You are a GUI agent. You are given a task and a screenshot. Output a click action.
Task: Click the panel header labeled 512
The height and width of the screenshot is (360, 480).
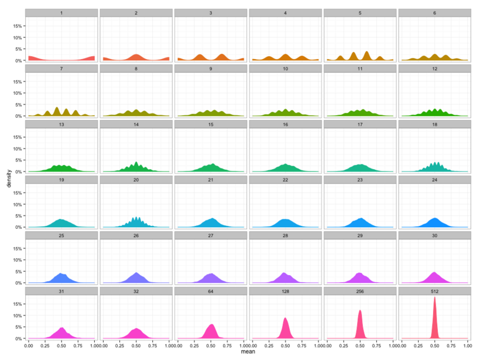point(434,290)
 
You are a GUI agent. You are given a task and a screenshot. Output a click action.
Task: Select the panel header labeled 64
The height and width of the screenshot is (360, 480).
point(210,290)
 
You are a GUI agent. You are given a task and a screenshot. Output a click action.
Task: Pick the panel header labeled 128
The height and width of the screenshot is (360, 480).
point(285,290)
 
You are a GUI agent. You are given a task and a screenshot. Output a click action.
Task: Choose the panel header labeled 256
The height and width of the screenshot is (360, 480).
point(360,290)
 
